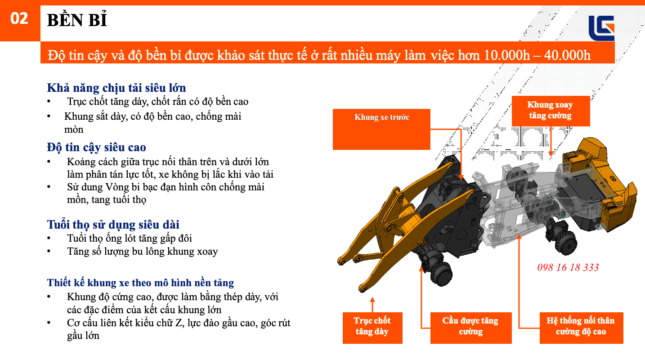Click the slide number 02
point(19,19)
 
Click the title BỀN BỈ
point(77,21)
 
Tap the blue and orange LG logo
point(601,28)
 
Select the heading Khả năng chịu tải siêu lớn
point(116,88)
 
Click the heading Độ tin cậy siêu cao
point(96,147)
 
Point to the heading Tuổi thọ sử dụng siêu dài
point(113,225)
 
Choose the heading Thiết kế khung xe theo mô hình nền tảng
point(140,283)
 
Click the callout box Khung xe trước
point(381,129)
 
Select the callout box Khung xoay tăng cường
point(550,111)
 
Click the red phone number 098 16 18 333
point(568,268)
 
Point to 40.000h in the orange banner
point(567,55)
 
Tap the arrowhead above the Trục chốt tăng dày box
point(372,299)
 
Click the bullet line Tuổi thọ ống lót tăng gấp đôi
point(129,238)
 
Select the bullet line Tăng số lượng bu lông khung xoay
point(142,251)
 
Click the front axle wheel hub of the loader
point(441,272)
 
